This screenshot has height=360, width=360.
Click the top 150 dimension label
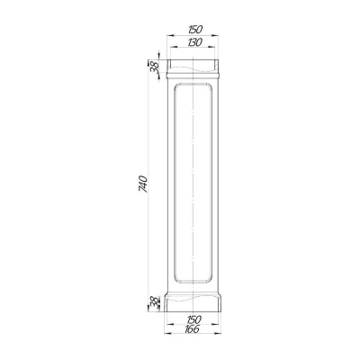195,30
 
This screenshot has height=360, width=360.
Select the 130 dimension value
195,42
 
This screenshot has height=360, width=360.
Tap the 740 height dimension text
143,184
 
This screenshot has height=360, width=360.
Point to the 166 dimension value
192,329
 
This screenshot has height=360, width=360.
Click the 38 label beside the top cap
154,68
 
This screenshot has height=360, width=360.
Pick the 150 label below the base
193,319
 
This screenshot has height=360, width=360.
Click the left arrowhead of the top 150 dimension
170,36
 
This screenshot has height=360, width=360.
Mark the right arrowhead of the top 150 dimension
215,36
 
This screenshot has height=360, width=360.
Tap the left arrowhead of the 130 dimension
174,47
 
